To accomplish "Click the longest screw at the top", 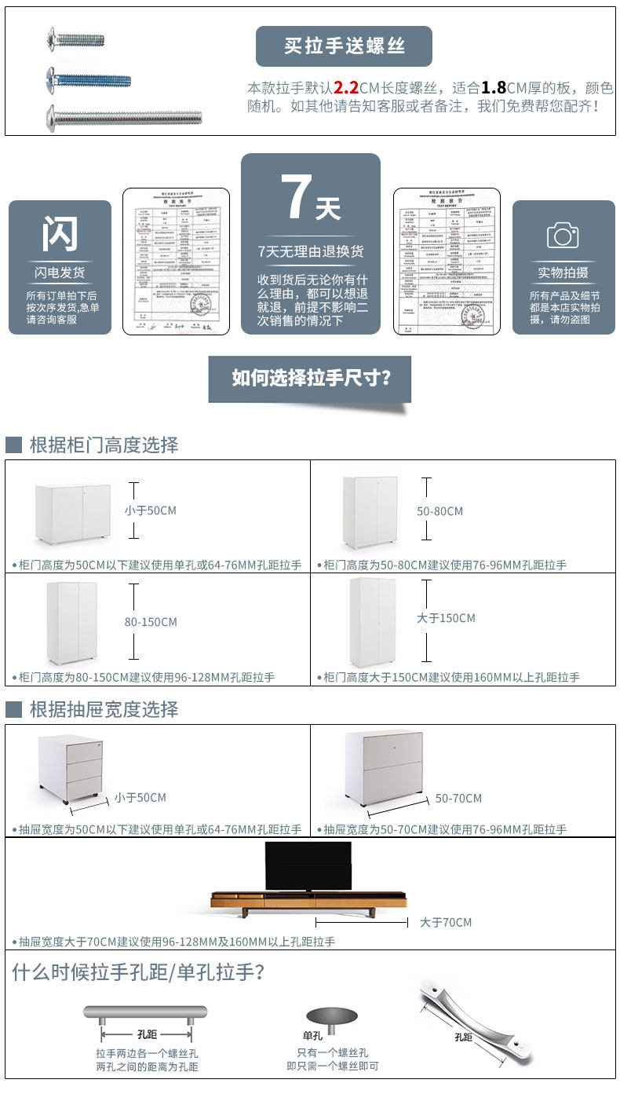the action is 123,118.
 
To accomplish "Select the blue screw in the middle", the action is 88,79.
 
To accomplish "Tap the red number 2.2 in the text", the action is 345,87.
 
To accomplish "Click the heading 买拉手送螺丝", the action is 344,46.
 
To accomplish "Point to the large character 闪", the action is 60,234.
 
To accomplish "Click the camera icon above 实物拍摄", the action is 563,235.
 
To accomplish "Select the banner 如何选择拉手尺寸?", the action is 310,378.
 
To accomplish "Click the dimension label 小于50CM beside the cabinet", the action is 150,510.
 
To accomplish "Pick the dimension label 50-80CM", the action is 439,511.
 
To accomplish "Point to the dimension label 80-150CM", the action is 151,622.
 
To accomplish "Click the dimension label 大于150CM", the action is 446,618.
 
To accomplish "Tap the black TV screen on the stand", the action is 308,865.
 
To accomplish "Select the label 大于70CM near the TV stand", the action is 446,922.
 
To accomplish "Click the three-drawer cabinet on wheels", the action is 71,767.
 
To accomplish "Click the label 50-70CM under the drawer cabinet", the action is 458,798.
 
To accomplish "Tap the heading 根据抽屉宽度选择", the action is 104,709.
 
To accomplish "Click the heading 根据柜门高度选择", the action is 104,445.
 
